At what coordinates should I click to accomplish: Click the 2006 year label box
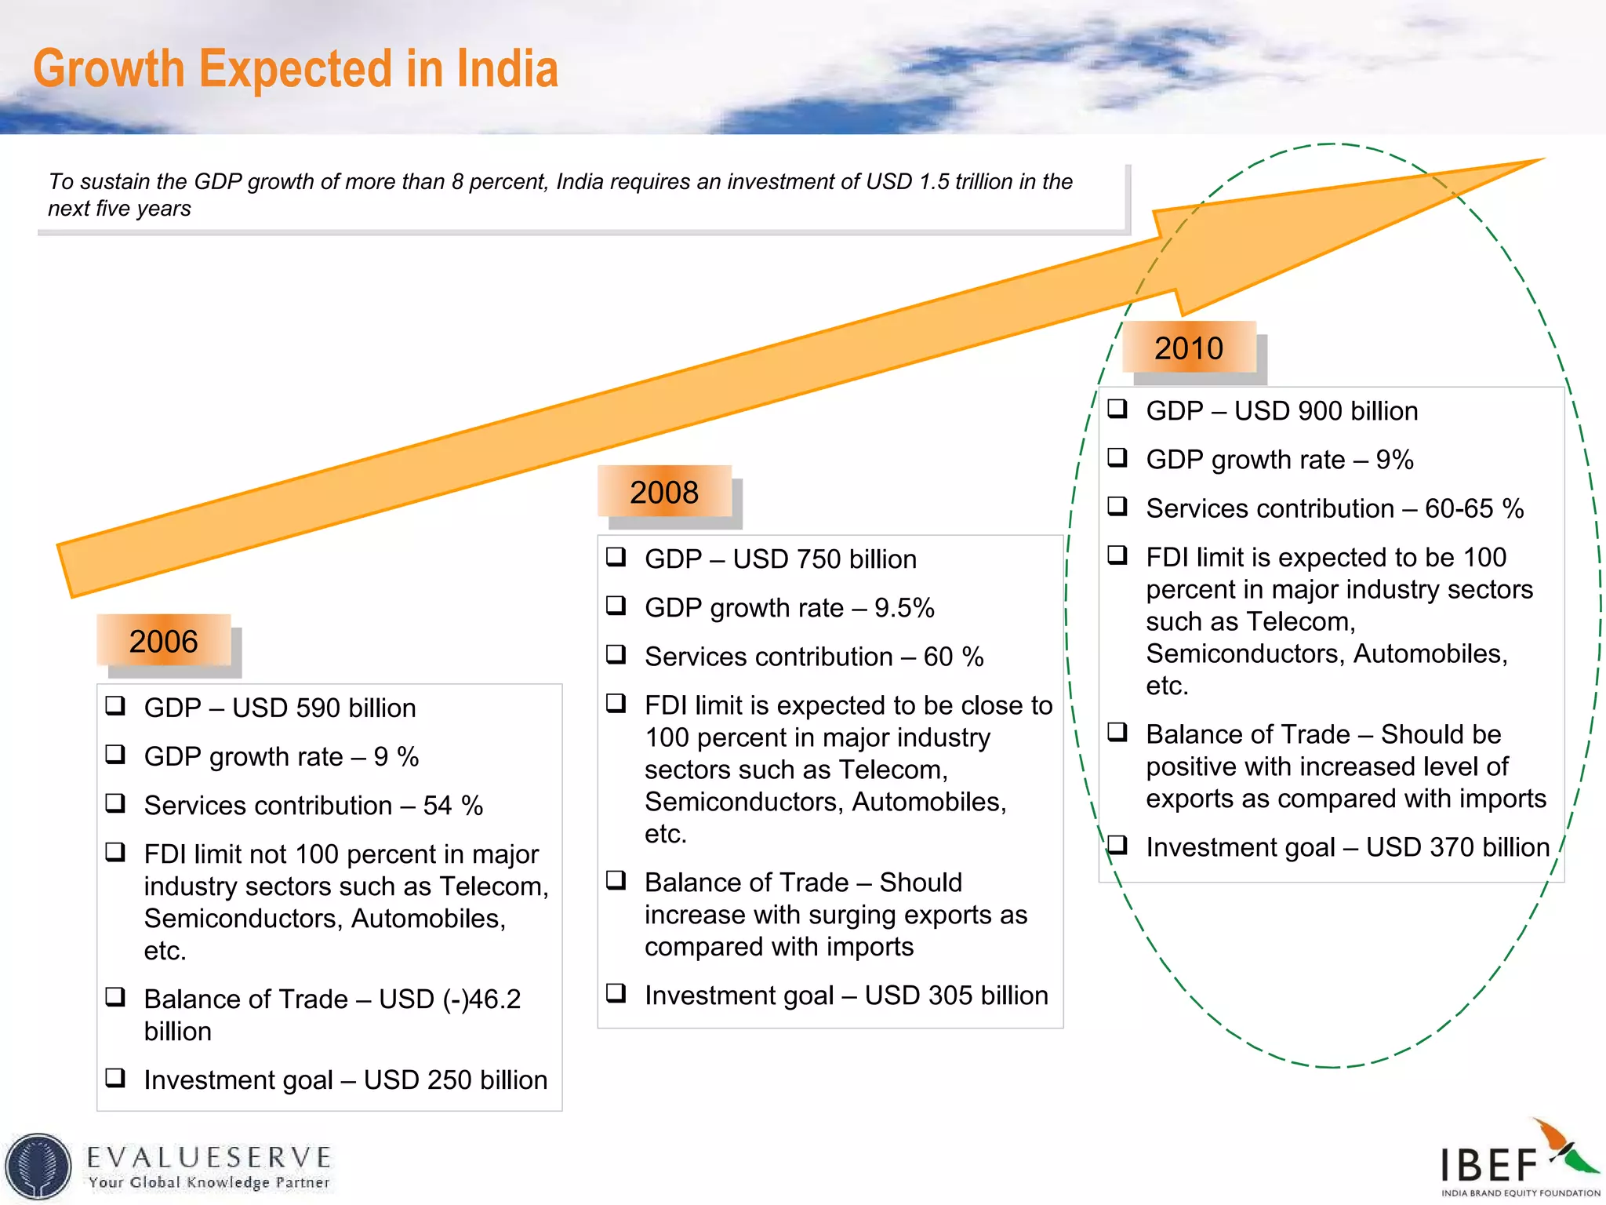pyautogui.click(x=163, y=641)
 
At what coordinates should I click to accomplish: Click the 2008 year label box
pyautogui.click(x=663, y=492)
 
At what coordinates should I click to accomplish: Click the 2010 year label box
pyautogui.click(x=1188, y=348)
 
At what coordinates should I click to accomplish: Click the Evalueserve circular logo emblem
pyautogui.click(x=38, y=1167)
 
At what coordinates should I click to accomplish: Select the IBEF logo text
pyautogui.click(x=1488, y=1165)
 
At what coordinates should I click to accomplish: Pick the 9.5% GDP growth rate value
pyautogui.click(x=904, y=608)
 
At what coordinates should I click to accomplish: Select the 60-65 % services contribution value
pyautogui.click(x=1473, y=508)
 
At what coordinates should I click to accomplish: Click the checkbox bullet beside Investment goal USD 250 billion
pyautogui.click(x=115, y=1077)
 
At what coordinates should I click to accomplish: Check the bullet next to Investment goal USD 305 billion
pyautogui.click(x=616, y=992)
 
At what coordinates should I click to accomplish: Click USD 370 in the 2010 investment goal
pyautogui.click(x=1419, y=847)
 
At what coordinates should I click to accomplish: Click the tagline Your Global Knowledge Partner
pyautogui.click(x=209, y=1182)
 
